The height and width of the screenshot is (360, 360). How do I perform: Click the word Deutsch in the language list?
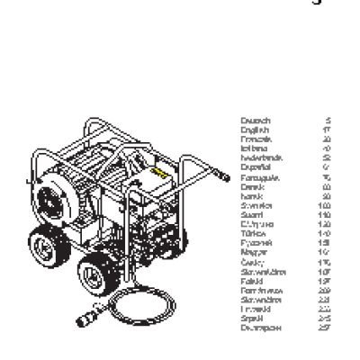click(255, 120)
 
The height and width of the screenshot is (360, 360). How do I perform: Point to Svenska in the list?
click(254, 204)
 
